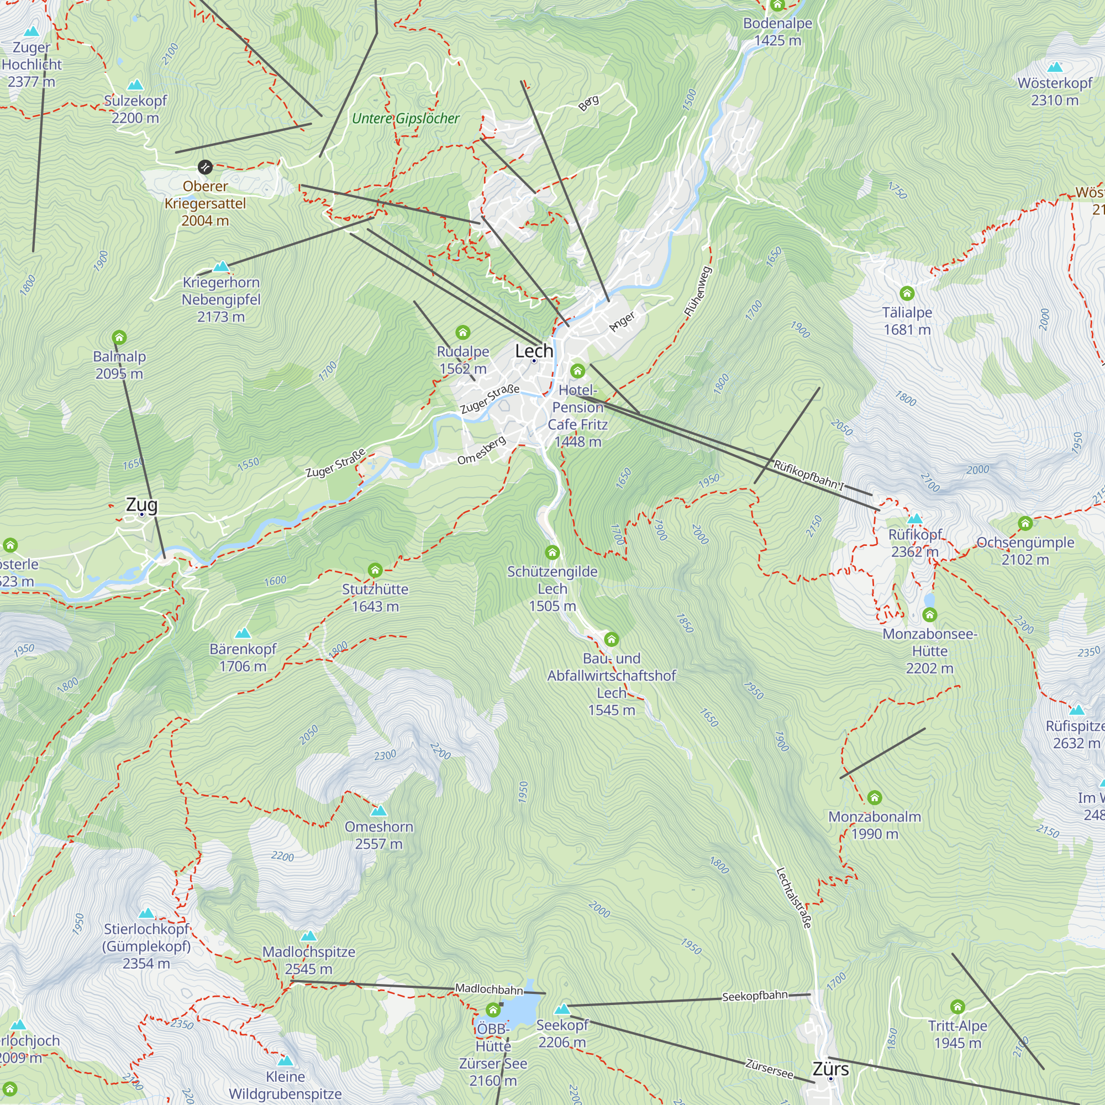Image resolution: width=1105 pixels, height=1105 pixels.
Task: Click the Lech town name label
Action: pyautogui.click(x=534, y=351)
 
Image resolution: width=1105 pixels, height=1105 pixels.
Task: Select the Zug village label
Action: pyautogui.click(x=141, y=504)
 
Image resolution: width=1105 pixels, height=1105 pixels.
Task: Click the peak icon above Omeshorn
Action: pyautogui.click(x=378, y=811)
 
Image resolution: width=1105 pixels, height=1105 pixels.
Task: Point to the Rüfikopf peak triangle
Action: pyautogui.click(x=914, y=519)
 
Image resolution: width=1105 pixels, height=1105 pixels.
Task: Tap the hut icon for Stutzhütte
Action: pyautogui.click(x=375, y=570)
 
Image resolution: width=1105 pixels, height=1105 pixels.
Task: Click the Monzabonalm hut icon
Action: pyautogui.click(x=874, y=797)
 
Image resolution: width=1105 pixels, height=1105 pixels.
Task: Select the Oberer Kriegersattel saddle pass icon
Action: pyautogui.click(x=205, y=167)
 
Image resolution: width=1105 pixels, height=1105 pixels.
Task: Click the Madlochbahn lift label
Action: pyautogui.click(x=489, y=989)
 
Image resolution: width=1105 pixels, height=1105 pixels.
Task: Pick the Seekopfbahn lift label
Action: pyautogui.click(x=754, y=996)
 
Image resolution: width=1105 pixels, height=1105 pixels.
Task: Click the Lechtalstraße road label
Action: pyautogui.click(x=793, y=897)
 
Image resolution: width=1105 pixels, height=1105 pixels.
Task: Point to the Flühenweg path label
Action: pyautogui.click(x=698, y=292)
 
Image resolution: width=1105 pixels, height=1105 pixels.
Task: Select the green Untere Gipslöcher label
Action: pyautogui.click(x=406, y=118)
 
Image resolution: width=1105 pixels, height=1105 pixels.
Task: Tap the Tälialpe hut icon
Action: pyautogui.click(x=907, y=293)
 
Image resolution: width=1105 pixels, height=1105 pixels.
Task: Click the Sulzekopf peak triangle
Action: pyautogui.click(x=135, y=85)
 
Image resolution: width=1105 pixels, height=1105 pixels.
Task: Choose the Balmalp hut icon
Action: pyautogui.click(x=119, y=337)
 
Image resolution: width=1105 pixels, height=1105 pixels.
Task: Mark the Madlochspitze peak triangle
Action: pyautogui.click(x=308, y=936)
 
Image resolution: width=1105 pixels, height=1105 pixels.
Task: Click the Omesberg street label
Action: pyautogui.click(x=482, y=450)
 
